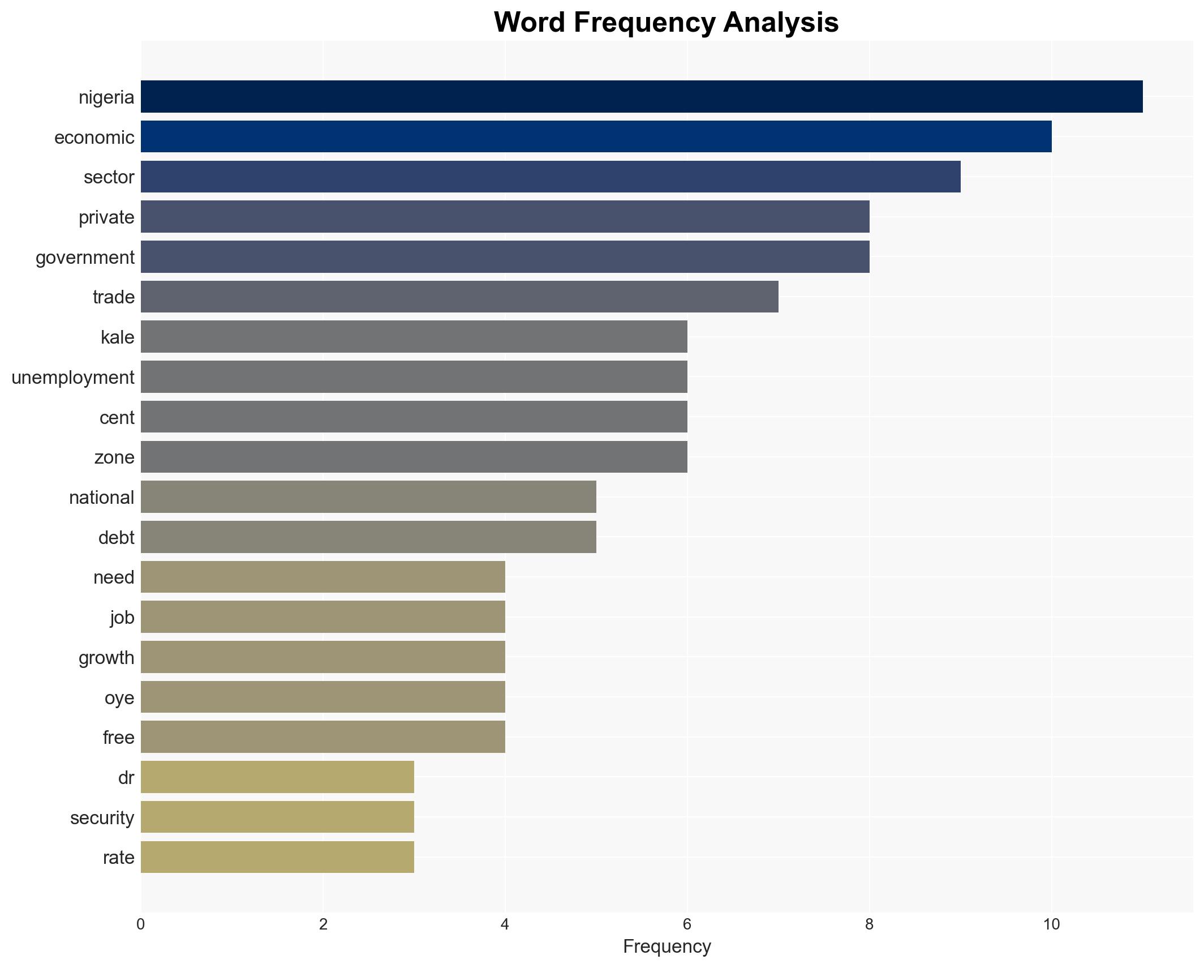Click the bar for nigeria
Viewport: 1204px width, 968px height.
point(641,97)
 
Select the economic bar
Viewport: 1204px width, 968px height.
point(596,137)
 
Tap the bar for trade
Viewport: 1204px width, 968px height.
point(459,297)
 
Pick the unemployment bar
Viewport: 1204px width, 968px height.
point(414,377)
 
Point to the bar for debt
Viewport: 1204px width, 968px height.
point(368,537)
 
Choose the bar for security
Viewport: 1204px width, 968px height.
point(277,817)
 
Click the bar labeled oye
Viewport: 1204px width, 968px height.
point(322,697)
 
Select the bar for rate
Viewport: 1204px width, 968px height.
point(277,857)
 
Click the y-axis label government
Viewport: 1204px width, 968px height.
point(85,258)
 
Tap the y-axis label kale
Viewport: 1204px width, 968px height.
point(117,337)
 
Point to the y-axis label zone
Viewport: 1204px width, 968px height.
point(114,457)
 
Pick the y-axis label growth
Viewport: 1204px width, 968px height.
point(106,658)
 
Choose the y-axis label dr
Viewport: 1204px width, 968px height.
point(126,778)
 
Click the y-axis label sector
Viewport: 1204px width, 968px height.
point(109,177)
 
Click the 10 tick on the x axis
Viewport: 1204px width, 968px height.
point(1051,924)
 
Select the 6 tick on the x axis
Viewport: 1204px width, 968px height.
point(687,924)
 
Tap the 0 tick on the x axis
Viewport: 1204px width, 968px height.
point(140,924)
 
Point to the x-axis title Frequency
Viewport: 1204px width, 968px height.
point(666,946)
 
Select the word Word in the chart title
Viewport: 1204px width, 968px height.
point(528,23)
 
